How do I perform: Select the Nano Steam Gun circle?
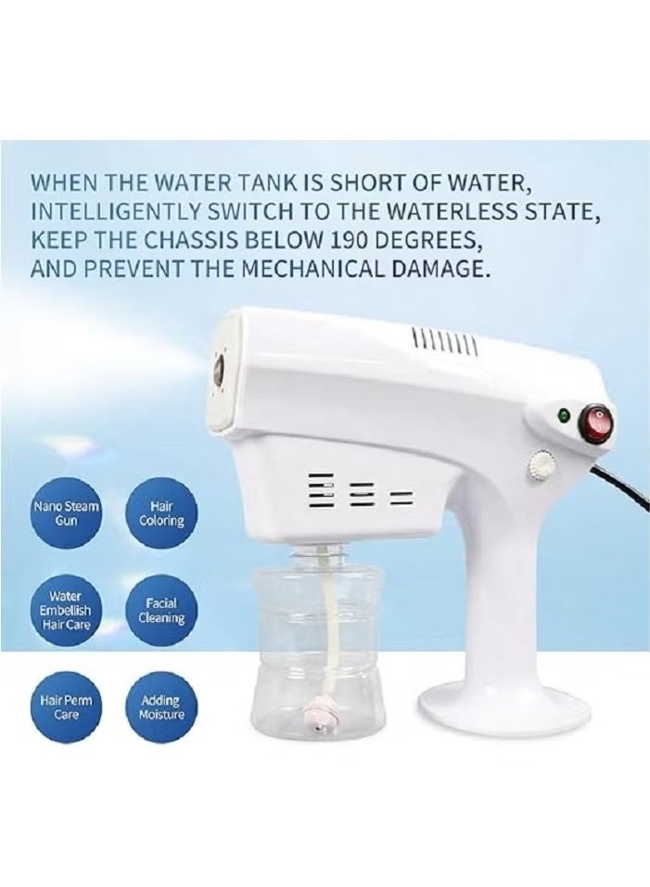tap(66, 514)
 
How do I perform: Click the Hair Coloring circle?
tap(161, 514)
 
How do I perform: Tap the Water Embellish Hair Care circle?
tap(66, 609)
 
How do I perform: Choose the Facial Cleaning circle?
tap(161, 610)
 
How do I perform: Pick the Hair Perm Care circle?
tap(66, 708)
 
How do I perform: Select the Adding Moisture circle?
tap(161, 708)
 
